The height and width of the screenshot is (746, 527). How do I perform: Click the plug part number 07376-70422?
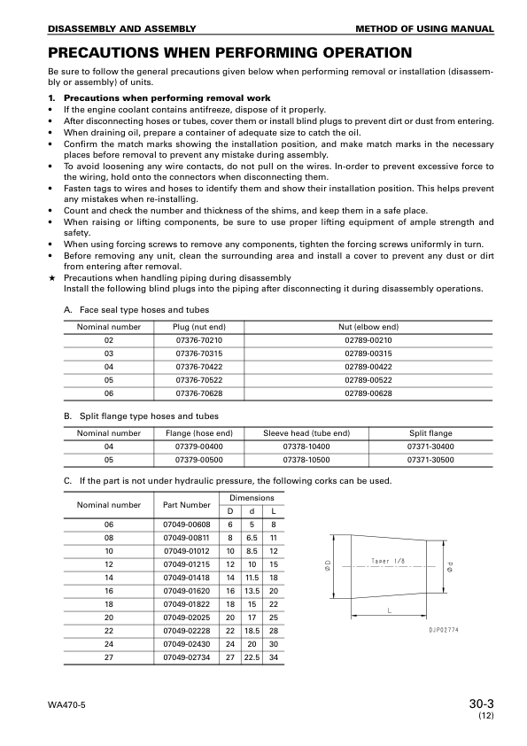click(x=199, y=365)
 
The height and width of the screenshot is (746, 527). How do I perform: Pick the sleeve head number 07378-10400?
click(x=306, y=447)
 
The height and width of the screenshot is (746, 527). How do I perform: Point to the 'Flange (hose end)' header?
click(x=199, y=433)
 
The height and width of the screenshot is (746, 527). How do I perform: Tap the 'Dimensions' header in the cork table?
click(x=252, y=498)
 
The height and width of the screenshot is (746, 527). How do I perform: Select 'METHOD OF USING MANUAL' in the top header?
click(x=436, y=29)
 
